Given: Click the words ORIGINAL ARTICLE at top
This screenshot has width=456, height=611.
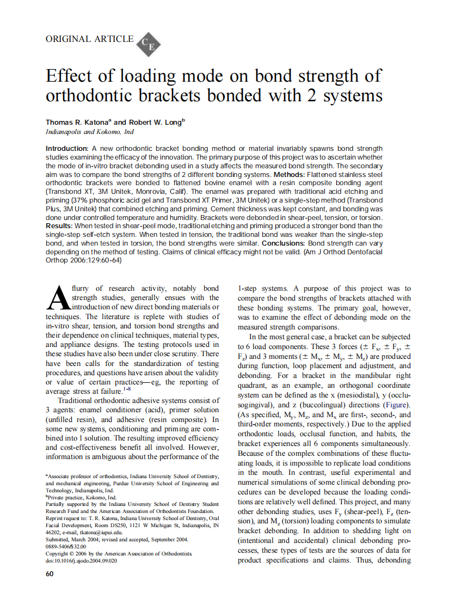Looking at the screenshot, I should point(90,39).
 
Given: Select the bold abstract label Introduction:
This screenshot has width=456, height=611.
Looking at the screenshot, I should point(66,149).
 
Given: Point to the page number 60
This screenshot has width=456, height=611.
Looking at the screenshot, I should point(50,574).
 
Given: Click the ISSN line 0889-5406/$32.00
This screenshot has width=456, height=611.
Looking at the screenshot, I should point(66,547).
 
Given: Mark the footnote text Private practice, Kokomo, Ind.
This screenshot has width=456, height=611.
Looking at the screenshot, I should point(82,497).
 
